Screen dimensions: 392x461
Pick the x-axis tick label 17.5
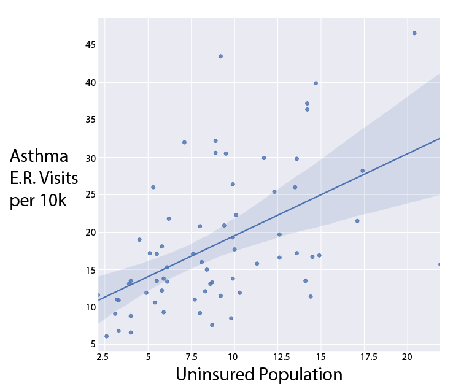(x=366, y=357)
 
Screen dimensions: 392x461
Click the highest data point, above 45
(x=414, y=33)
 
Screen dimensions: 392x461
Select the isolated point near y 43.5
(x=221, y=56)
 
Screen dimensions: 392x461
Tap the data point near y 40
(x=316, y=83)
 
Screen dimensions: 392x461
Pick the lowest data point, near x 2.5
(x=106, y=336)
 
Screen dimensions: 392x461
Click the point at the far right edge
(x=440, y=264)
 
